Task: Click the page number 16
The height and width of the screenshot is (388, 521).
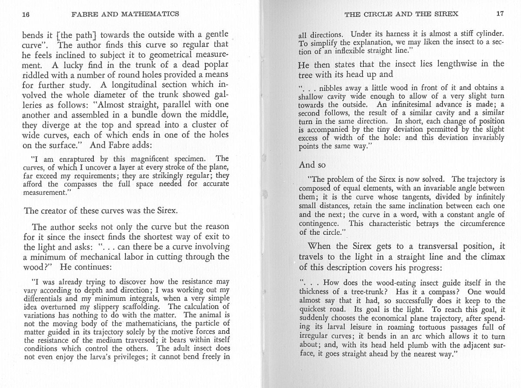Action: (x=26, y=14)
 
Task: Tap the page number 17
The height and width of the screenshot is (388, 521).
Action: (x=500, y=13)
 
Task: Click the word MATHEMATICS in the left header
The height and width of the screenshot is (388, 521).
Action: (x=150, y=14)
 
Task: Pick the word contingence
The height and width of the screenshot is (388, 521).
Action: (x=319, y=224)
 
